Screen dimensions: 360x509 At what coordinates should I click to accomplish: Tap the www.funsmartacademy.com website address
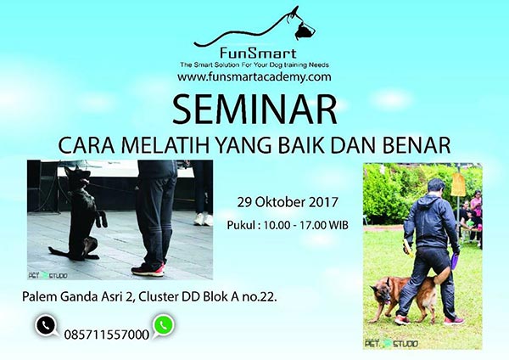click(254, 77)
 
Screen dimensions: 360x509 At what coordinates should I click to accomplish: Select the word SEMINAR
click(254, 108)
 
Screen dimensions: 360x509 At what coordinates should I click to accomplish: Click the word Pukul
click(244, 225)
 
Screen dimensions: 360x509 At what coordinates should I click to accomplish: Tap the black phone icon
click(45, 325)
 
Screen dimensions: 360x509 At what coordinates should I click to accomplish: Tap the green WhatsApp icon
click(163, 325)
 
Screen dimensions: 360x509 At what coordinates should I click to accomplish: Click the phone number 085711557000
click(106, 334)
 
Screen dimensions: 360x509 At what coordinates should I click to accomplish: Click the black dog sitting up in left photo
click(84, 208)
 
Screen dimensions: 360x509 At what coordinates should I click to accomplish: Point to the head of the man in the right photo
click(435, 185)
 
